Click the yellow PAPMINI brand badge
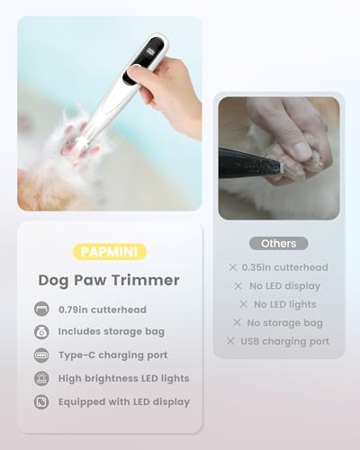110,250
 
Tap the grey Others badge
278,243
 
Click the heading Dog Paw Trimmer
109,280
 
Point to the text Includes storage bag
111,331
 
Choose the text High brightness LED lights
124,378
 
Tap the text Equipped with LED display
124,401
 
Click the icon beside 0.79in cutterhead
41,309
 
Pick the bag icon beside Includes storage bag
41,332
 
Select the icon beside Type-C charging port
41,355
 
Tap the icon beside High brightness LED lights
41,378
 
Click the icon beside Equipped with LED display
41,401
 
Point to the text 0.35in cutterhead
284,267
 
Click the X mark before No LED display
238,286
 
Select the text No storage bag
284,322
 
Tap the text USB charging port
284,341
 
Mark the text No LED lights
284,304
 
